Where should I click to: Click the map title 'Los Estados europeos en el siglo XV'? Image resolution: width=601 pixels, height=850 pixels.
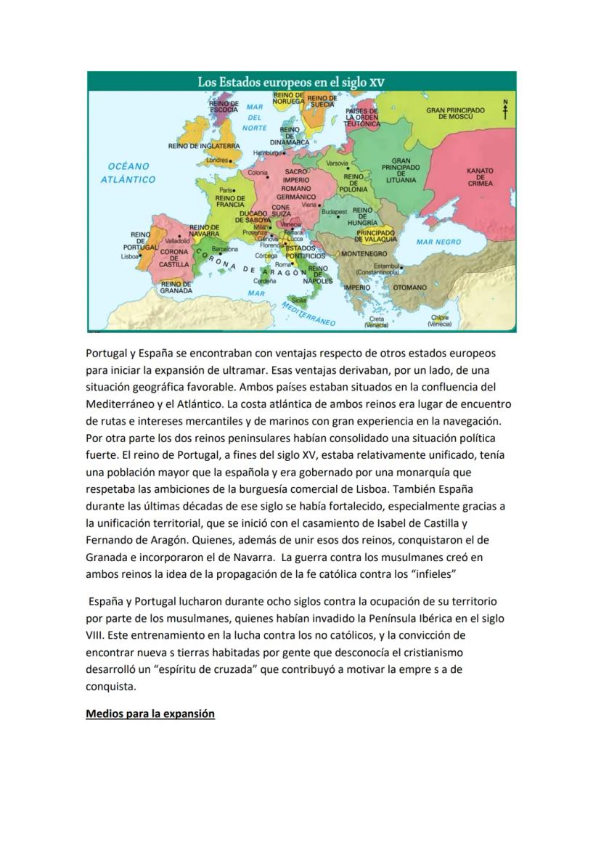tap(291, 82)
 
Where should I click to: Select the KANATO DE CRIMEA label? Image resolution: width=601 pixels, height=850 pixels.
tap(480, 177)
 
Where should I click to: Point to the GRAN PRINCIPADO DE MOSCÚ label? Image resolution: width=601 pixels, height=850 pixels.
tap(455, 113)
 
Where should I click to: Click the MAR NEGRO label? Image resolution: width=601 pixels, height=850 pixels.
tap(438, 242)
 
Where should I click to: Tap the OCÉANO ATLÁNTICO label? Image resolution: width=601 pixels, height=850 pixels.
tap(128, 173)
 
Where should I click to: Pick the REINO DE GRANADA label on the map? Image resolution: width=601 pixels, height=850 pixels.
tap(176, 287)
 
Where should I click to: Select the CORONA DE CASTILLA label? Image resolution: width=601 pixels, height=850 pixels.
tap(174, 258)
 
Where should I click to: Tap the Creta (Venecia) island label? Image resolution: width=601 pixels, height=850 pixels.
tap(377, 322)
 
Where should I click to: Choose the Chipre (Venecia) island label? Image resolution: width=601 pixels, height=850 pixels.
tap(440, 321)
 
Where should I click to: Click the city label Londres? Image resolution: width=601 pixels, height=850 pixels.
tap(218, 160)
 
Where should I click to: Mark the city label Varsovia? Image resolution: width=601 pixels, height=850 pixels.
tap(338, 163)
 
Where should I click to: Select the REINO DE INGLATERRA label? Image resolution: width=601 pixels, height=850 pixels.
tap(204, 146)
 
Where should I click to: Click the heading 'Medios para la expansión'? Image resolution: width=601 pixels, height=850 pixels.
tap(150, 714)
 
